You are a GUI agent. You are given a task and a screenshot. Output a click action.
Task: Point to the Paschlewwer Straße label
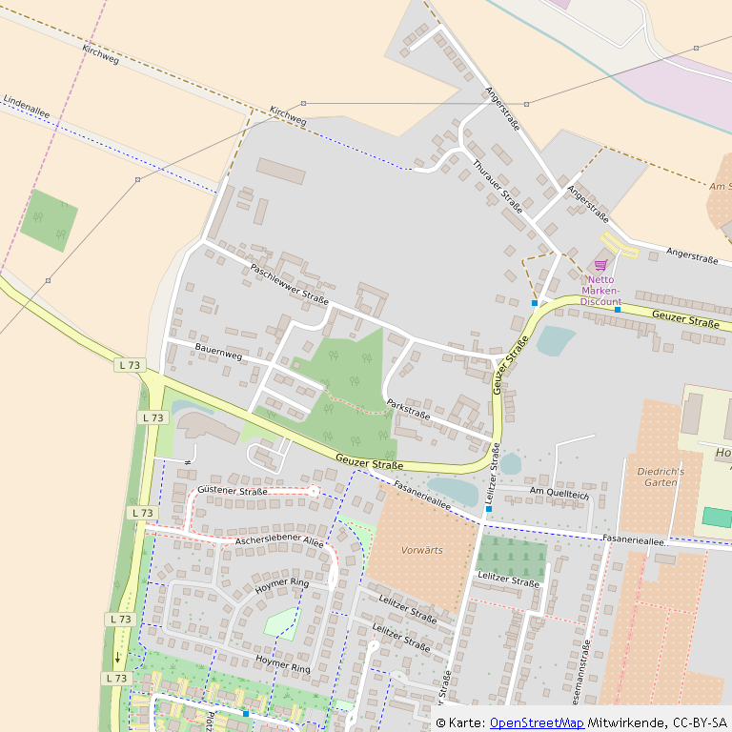289,283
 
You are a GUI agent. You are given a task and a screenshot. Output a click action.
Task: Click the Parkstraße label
408,409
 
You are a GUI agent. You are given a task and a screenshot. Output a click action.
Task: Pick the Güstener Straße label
234,491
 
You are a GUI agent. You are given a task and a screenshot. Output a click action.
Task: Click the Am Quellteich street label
559,495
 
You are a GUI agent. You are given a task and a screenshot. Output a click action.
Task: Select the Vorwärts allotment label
421,550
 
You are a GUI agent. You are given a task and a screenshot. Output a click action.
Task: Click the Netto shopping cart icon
600,265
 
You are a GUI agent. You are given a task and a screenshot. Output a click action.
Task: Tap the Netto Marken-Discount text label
600,290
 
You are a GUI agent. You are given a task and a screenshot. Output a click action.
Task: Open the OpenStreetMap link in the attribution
537,722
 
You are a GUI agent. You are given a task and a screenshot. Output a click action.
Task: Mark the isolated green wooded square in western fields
49,220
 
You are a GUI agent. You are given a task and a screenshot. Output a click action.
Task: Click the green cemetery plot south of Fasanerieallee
511,556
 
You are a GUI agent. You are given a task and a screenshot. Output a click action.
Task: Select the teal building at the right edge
718,518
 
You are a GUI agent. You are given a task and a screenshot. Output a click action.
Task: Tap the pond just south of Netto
555,340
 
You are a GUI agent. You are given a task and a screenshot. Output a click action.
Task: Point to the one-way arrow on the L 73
118,657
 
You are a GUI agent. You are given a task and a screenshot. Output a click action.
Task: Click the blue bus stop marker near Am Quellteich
488,509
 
